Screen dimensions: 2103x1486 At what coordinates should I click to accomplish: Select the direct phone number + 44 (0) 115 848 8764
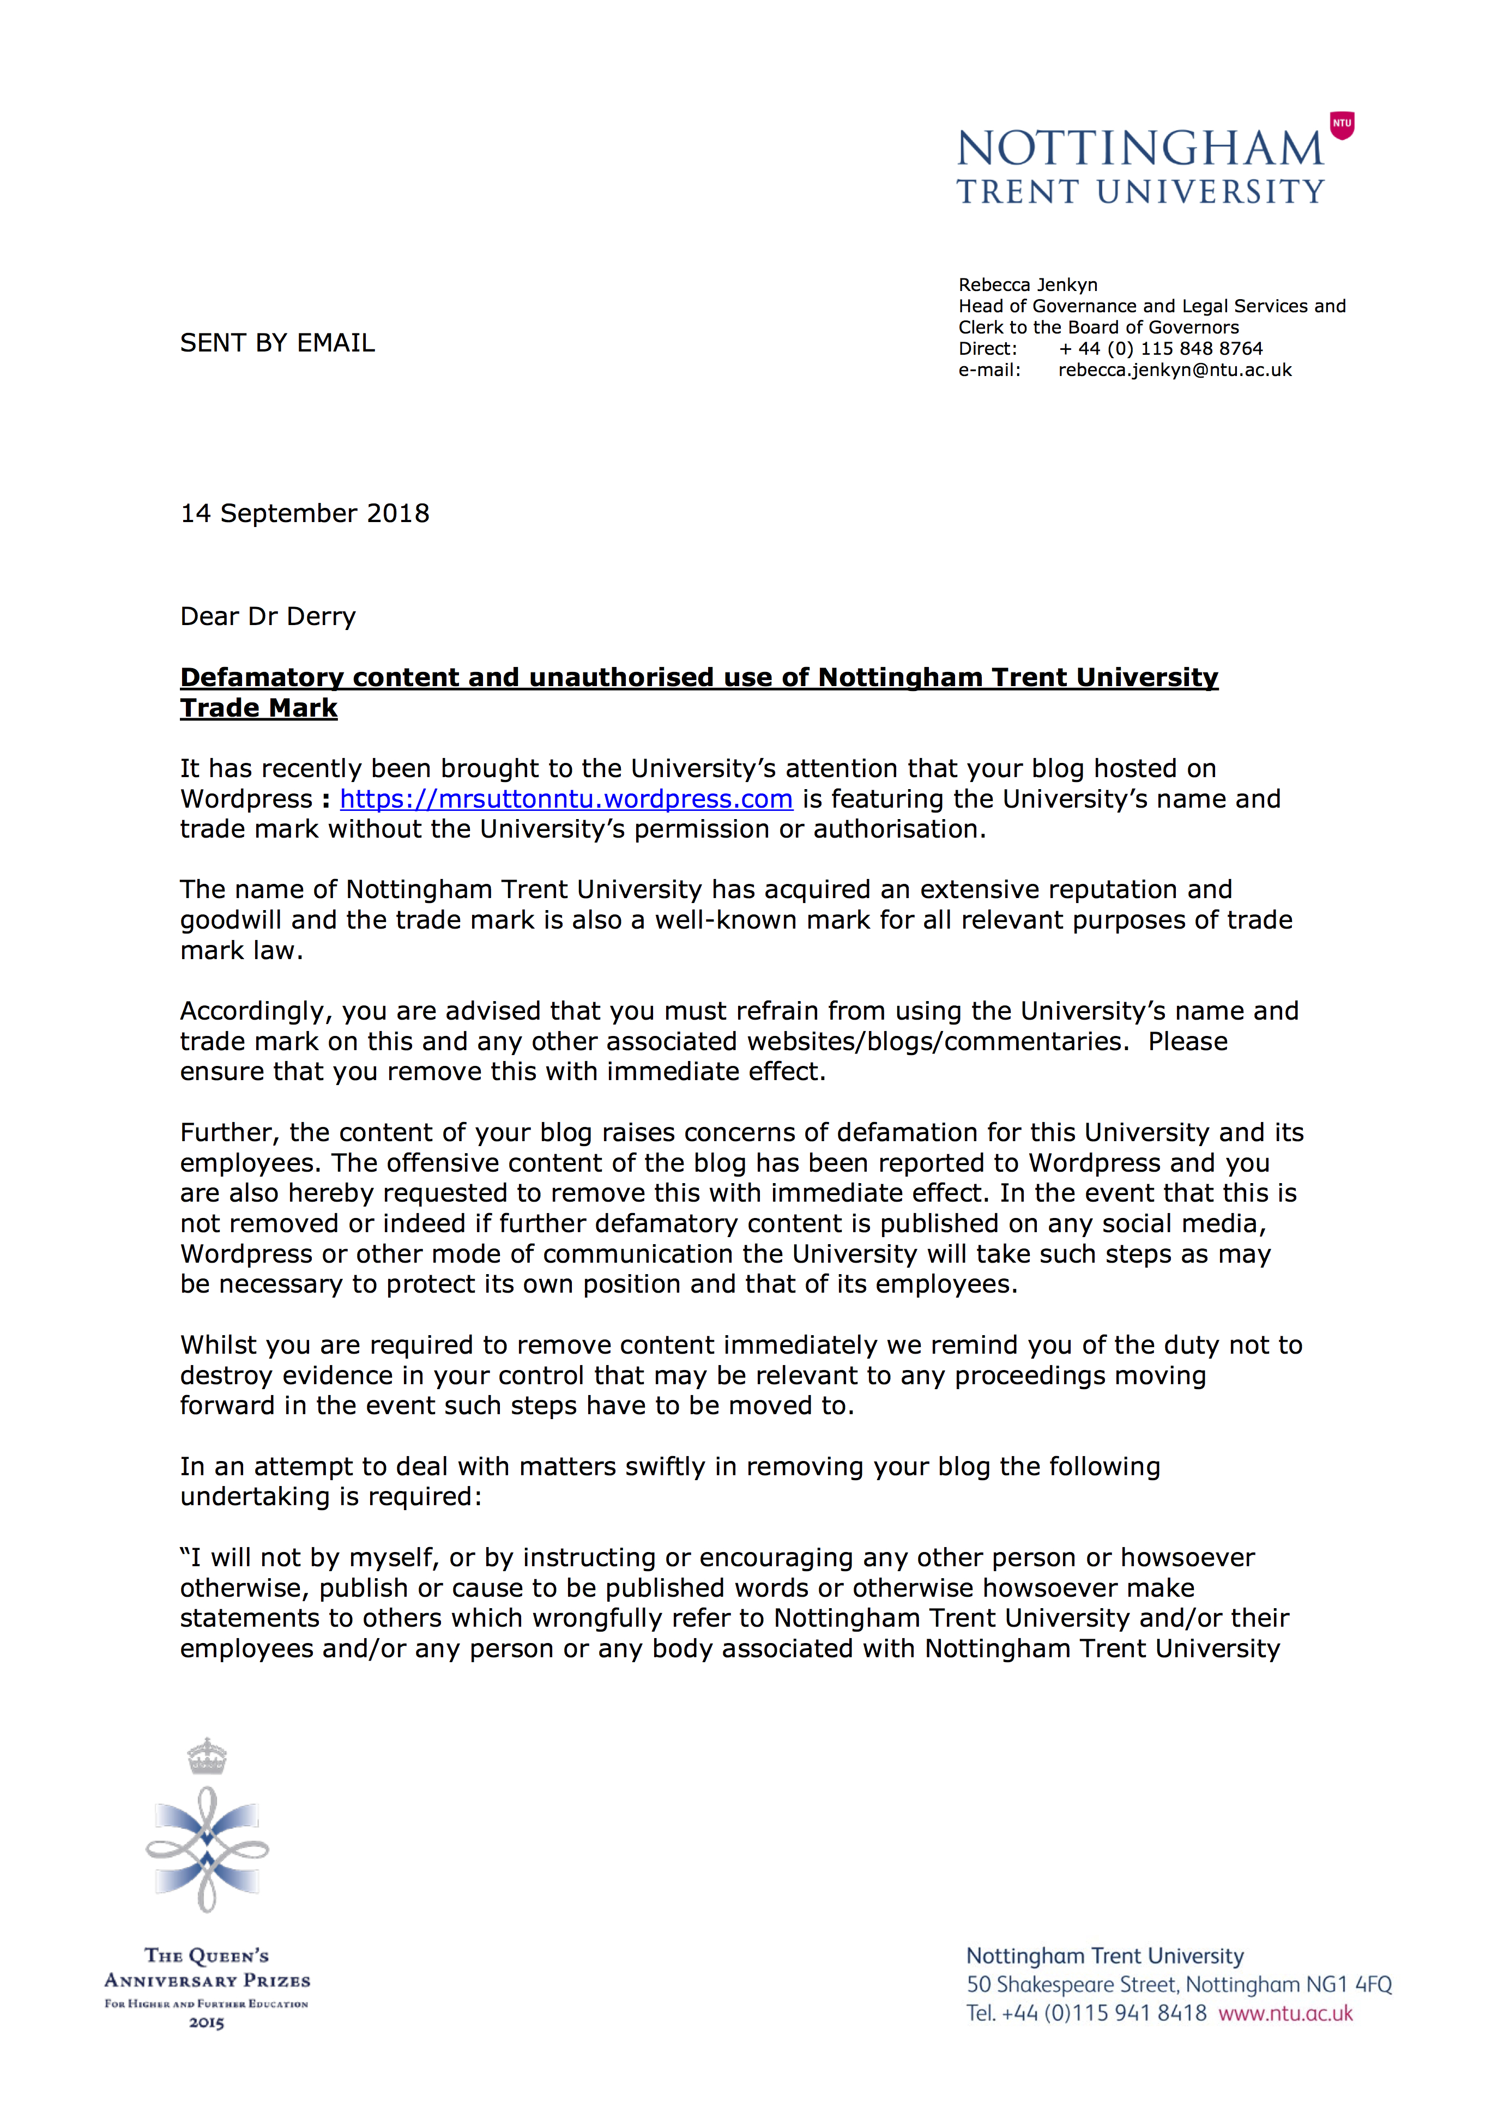(x=1160, y=349)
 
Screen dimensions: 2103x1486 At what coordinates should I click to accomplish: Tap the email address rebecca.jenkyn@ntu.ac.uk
(x=1175, y=370)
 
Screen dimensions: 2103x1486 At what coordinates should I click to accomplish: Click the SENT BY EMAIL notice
(x=277, y=343)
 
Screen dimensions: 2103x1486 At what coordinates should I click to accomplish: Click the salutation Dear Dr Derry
(x=268, y=616)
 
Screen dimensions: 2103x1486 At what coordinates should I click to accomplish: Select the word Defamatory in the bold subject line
(x=262, y=678)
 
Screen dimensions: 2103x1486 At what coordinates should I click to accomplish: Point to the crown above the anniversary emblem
(x=207, y=1756)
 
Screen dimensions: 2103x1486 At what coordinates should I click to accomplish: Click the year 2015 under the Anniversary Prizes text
(x=207, y=2023)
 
